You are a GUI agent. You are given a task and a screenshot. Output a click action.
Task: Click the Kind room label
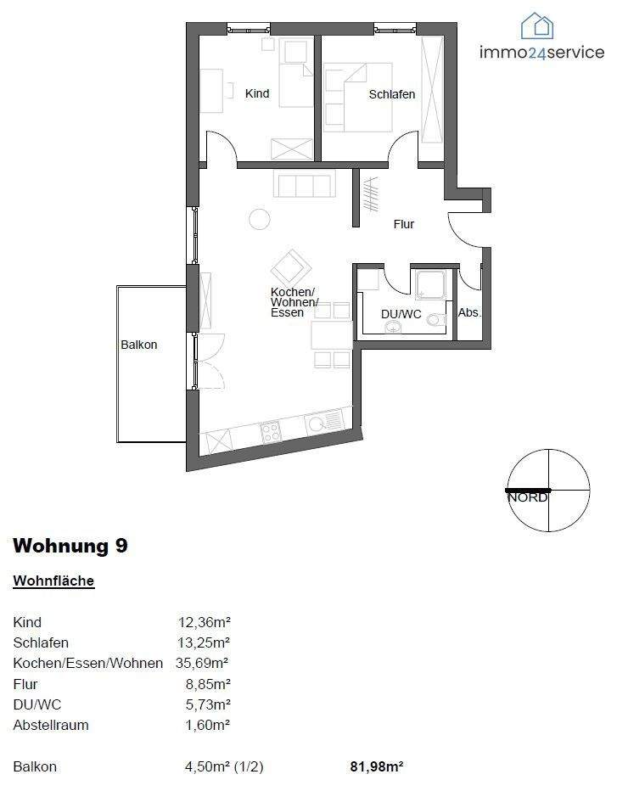[257, 93]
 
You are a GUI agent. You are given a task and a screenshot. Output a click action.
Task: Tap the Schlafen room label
[392, 94]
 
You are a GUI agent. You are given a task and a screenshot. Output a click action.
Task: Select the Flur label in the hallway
[404, 224]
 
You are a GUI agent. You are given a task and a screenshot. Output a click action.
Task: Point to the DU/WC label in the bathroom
[401, 314]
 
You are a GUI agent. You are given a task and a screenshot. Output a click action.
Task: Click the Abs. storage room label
[469, 313]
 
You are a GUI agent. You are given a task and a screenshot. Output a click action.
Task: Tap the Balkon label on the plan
[138, 345]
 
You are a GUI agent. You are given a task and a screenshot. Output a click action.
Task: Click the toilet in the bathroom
[435, 320]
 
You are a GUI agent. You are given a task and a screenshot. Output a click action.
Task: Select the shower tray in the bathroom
[428, 284]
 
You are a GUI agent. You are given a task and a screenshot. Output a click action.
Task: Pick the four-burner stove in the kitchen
[271, 432]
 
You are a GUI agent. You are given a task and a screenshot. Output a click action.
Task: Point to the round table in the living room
[260, 220]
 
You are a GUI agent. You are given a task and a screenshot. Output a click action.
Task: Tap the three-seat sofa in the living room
[303, 183]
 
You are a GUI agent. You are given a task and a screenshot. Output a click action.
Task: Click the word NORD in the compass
[527, 497]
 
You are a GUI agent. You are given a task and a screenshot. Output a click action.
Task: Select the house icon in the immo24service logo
[537, 26]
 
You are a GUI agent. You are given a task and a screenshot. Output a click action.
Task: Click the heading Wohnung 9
[70, 546]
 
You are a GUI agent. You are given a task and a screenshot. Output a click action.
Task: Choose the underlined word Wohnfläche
[53, 581]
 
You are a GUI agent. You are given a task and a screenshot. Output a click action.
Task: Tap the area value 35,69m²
[202, 663]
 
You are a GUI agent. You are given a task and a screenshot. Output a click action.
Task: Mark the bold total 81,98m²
[376, 766]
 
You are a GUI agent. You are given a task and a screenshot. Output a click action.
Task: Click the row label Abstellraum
[51, 726]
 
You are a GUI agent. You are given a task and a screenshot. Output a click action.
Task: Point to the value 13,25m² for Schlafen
[204, 642]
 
